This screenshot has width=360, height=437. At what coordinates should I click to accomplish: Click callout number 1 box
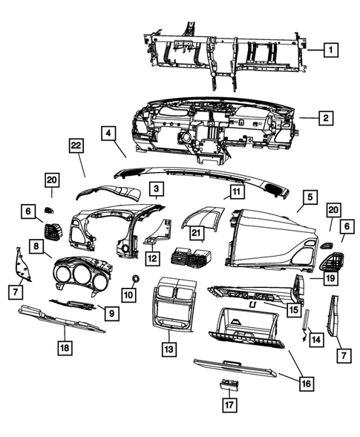[332, 50]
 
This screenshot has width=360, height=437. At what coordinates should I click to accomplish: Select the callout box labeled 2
[324, 117]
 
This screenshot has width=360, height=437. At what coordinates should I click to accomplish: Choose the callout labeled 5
[310, 197]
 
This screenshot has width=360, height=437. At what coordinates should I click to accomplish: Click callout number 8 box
[36, 246]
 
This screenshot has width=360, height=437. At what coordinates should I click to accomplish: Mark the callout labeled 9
[110, 314]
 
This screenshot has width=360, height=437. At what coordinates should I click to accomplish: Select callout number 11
[235, 192]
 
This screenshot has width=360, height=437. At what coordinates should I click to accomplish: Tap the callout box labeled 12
[151, 259]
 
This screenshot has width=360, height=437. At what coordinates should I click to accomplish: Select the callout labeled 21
[196, 234]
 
